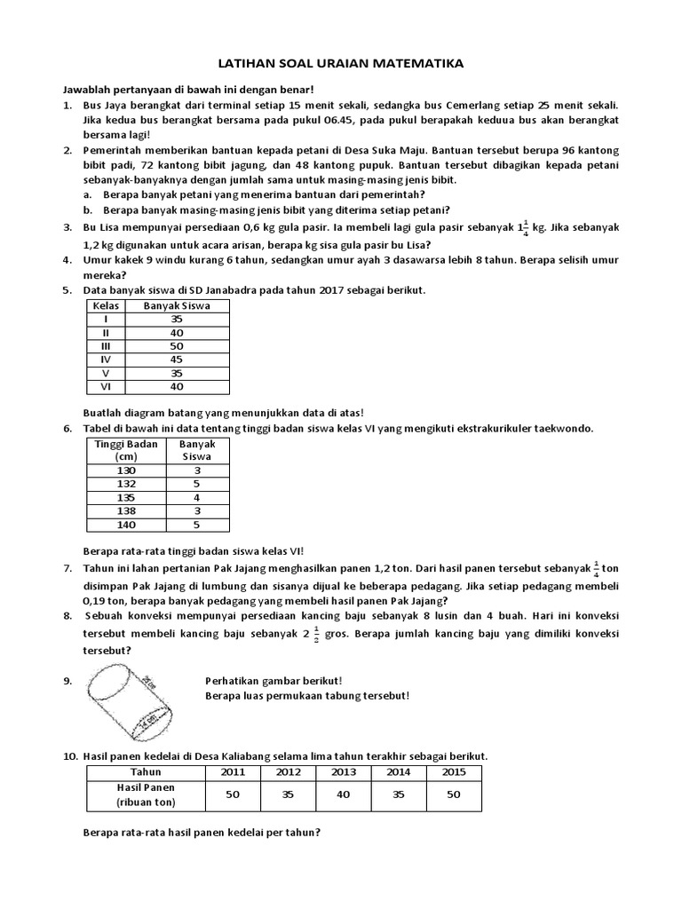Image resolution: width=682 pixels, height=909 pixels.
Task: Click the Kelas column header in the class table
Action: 106,305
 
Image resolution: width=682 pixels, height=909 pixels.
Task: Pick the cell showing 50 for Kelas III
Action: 175,345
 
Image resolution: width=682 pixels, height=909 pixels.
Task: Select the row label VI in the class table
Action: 106,387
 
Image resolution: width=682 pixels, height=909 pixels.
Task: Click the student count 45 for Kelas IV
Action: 175,360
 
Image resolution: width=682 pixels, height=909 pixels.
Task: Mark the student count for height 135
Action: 195,498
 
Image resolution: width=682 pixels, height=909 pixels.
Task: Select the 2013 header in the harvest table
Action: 344,771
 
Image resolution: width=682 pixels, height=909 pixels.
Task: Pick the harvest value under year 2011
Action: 233,794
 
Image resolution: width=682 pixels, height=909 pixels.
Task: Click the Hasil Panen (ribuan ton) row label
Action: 146,794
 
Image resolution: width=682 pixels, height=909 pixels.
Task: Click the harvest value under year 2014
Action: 399,794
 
